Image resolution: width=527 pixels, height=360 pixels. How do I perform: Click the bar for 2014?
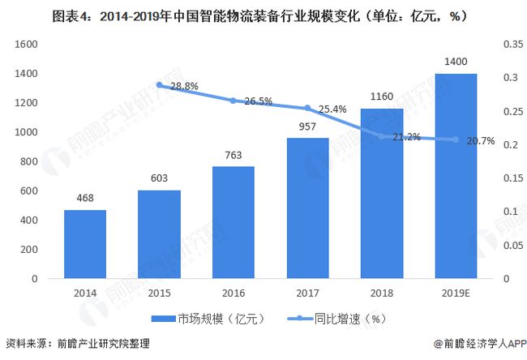[x=85, y=244]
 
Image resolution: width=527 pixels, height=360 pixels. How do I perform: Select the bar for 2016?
[x=233, y=222]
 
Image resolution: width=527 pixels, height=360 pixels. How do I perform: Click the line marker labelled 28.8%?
[x=159, y=84]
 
